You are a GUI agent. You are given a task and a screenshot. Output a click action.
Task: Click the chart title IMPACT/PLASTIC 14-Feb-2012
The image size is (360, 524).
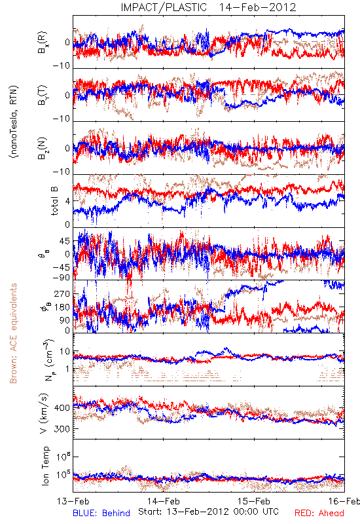click(x=208, y=7)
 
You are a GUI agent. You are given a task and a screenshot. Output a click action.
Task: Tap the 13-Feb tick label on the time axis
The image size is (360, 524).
click(x=73, y=501)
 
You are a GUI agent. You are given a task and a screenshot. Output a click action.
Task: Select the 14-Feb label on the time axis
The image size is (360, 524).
click(x=164, y=501)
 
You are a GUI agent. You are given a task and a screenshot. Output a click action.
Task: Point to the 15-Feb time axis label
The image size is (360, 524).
click(x=254, y=501)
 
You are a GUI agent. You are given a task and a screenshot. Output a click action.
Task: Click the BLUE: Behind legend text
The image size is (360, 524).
click(x=101, y=513)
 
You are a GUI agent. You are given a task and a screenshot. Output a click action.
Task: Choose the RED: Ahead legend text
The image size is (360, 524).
click(x=319, y=513)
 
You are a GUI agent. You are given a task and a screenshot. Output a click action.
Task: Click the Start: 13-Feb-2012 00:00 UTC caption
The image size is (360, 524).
click(x=208, y=512)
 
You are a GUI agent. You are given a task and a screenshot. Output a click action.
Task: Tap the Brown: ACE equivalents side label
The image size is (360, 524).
click(x=13, y=333)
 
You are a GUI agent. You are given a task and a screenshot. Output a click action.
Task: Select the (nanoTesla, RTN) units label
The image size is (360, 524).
click(x=14, y=121)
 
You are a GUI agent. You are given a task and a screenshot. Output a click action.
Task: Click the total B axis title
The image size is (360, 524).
click(x=54, y=201)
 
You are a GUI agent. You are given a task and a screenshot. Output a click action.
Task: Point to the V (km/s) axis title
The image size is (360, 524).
click(x=44, y=413)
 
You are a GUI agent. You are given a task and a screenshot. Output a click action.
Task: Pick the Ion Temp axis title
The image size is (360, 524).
click(x=45, y=466)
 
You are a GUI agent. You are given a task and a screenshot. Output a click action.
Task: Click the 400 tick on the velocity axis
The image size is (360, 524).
click(x=62, y=407)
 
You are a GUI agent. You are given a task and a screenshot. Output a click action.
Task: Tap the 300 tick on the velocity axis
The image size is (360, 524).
click(x=62, y=429)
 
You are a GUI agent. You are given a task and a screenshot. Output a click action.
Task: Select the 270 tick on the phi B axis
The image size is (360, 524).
click(x=62, y=294)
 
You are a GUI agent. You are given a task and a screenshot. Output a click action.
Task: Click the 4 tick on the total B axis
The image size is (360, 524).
click(x=68, y=201)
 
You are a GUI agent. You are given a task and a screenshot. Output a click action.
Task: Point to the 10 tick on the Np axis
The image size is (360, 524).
click(x=65, y=352)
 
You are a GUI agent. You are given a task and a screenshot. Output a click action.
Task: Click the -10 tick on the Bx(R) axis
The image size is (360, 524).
click(x=62, y=66)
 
